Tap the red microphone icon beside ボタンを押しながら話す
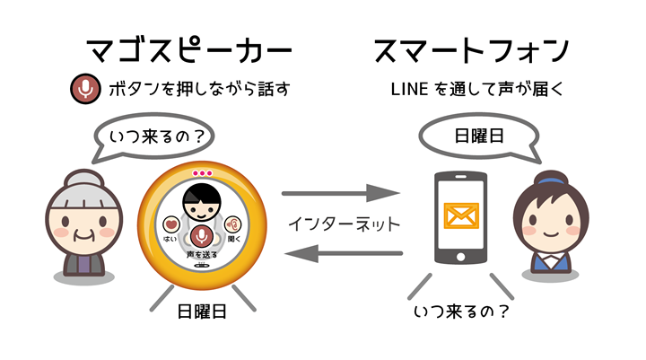click(84, 89)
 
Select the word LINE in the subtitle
click(410, 90)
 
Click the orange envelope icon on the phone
click(461, 215)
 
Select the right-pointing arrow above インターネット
click(340, 192)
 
